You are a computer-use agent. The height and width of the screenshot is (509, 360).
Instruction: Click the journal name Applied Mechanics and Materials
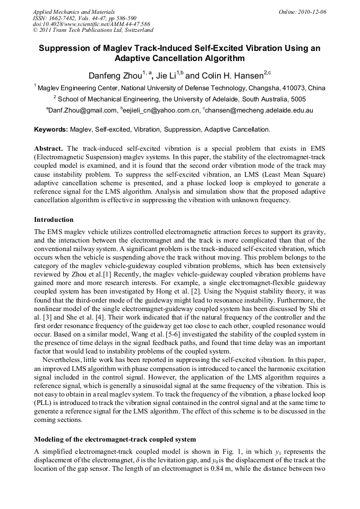pos(74,11)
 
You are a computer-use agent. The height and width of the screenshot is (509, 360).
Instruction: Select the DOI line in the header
pos(91,24)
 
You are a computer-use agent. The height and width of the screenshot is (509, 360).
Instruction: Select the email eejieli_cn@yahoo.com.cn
pos(162,110)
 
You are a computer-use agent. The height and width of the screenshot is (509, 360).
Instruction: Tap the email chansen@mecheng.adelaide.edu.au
pos(260,110)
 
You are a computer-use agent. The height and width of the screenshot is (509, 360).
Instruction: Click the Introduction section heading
pos(54,219)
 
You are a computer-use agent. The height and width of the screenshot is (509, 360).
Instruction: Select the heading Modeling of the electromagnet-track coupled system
pos(115,439)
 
